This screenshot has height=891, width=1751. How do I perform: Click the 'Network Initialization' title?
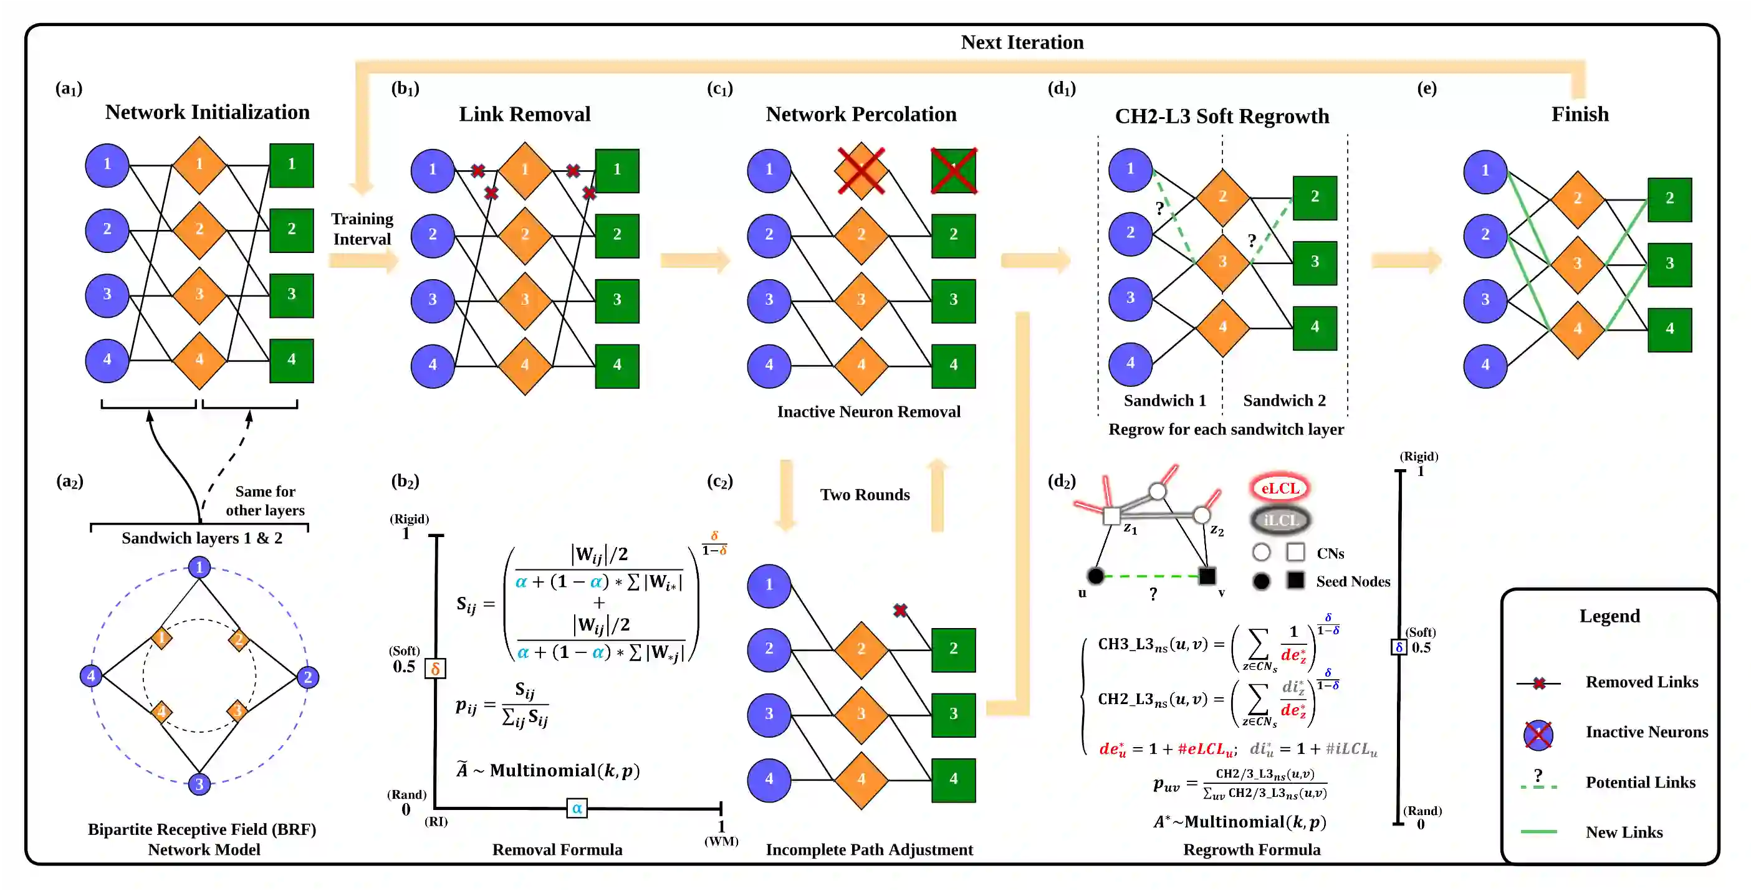point(208,112)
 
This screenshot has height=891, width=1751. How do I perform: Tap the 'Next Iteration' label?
point(1022,42)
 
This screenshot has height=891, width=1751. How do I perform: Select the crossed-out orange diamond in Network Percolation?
point(861,171)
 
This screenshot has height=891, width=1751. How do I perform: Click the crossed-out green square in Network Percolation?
point(954,171)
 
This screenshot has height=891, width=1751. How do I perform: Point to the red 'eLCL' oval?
point(1280,488)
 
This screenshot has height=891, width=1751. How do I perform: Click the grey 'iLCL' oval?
point(1280,520)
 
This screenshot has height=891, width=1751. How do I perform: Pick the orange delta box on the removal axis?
point(435,669)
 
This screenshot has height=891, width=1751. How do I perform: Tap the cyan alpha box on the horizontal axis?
point(577,808)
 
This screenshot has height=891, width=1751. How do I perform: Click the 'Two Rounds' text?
point(865,495)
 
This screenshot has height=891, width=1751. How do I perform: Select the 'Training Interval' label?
point(362,229)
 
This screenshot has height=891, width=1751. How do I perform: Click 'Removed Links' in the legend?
point(1641,682)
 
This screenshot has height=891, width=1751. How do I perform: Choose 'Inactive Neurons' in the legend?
point(1646,732)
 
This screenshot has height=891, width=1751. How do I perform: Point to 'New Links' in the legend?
point(1624,832)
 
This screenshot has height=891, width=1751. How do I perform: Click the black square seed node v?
point(1207,576)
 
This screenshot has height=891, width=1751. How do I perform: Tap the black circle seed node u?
point(1096,576)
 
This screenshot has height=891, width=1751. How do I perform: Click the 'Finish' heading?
point(1580,114)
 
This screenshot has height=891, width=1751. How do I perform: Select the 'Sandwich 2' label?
point(1284,400)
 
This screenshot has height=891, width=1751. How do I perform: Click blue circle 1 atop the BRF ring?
point(199,567)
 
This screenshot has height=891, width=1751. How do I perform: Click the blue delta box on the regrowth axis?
point(1399,647)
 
